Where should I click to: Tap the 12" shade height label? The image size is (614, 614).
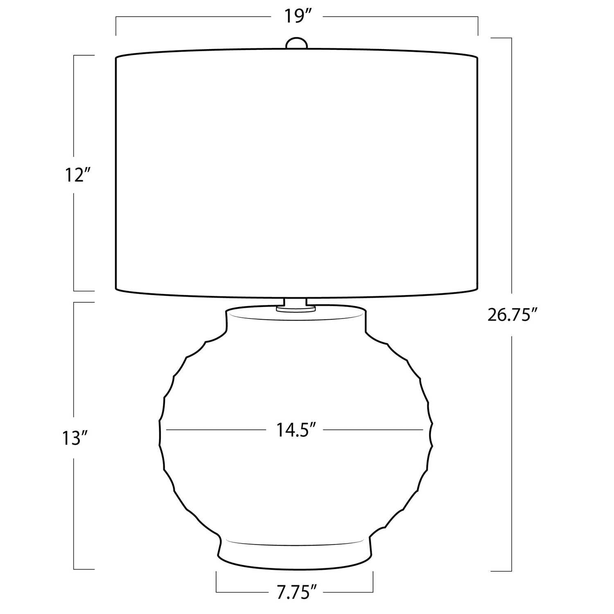[77, 175]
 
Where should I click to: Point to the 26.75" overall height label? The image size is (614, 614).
[512, 315]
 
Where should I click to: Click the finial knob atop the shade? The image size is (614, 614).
[296, 43]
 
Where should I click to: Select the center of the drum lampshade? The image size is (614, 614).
[297, 173]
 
